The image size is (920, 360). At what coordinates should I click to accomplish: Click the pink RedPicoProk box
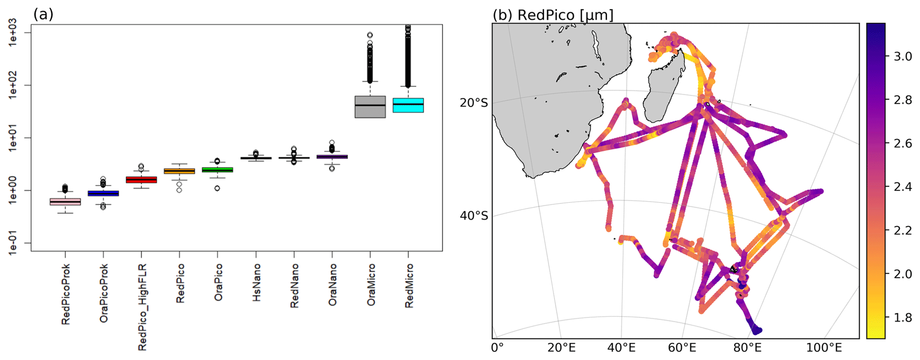(x=65, y=202)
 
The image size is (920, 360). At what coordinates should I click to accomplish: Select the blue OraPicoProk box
(x=103, y=193)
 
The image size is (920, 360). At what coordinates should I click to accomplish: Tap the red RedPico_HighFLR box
(x=141, y=179)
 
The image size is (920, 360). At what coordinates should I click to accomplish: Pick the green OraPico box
(x=217, y=170)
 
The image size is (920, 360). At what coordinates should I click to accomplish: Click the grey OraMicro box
(x=370, y=107)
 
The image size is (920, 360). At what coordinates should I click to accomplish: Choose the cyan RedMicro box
(x=408, y=105)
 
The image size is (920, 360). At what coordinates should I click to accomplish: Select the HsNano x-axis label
(x=256, y=282)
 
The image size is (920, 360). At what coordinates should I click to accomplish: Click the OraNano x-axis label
(x=332, y=284)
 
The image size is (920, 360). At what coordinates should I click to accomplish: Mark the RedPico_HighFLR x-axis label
(x=142, y=307)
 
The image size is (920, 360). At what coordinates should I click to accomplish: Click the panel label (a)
(x=43, y=15)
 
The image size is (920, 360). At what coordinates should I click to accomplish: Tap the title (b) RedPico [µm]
(x=552, y=15)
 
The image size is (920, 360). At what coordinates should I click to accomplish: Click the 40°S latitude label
(x=474, y=216)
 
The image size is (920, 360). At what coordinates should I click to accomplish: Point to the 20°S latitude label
(x=474, y=103)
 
